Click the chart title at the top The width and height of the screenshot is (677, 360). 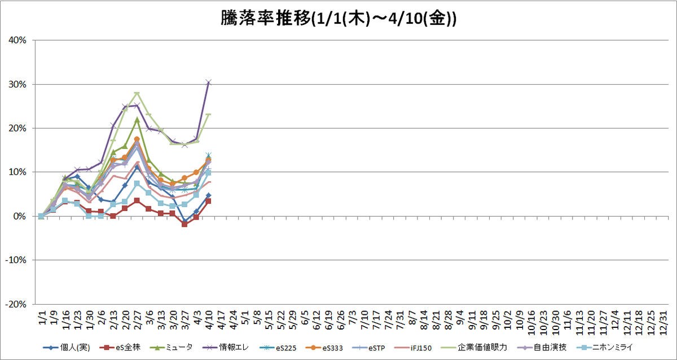(338, 19)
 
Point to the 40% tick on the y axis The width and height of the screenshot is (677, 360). (17, 40)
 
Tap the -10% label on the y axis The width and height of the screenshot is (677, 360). (16, 260)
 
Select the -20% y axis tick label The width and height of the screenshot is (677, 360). (16, 304)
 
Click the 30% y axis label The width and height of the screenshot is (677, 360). (17, 84)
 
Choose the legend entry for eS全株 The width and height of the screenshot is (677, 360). (120, 348)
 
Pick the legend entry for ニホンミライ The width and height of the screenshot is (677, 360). (604, 348)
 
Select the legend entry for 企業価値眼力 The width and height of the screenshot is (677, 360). (475, 348)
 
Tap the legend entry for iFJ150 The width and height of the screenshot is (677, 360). (413, 348)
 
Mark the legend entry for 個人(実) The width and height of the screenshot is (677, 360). (67, 348)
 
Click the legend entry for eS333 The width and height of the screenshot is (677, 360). (324, 348)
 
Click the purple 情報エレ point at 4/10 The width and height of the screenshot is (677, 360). (209, 82)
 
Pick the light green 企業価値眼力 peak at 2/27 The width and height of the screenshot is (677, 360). (137, 93)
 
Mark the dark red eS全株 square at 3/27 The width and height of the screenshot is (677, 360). (184, 224)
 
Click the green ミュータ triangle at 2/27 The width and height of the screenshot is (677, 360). (137, 120)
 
